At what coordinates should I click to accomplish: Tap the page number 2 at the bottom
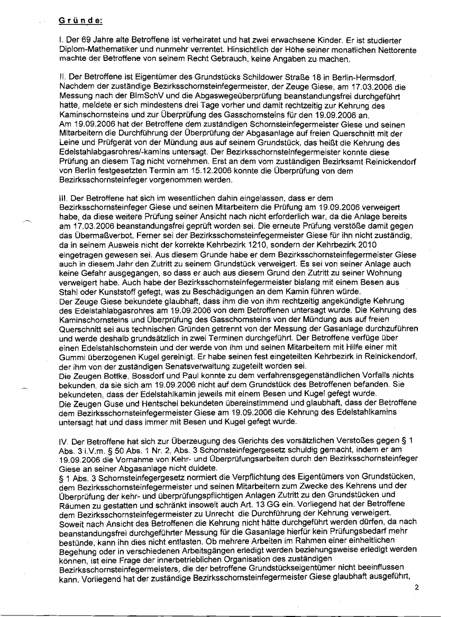(416, 587)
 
